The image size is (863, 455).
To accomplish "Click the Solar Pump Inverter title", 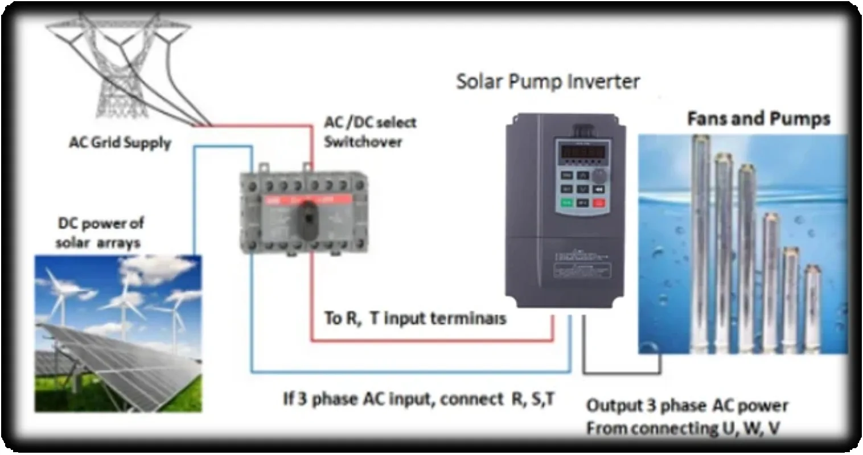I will [548, 82].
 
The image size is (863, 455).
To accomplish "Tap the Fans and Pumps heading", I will [758, 119].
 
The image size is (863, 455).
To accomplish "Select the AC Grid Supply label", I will [120, 142].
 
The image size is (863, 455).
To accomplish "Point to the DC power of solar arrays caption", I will [100, 233].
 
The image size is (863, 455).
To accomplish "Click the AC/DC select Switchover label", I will [370, 132].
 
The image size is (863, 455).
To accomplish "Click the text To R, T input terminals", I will [414, 318].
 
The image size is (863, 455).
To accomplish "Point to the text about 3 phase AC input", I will [418, 399].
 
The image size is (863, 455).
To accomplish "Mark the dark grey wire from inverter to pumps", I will [620, 373].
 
